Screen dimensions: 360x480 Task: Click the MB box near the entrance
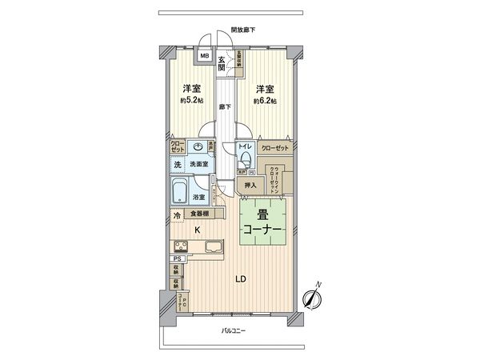coord(204,56)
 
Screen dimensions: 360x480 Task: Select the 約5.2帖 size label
coord(190,102)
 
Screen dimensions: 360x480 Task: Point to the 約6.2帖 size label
coord(265,102)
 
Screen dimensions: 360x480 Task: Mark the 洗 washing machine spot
coord(176,164)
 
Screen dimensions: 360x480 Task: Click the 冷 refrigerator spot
coord(176,215)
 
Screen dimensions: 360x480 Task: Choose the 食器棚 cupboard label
coord(198,214)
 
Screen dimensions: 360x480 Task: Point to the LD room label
coord(239,279)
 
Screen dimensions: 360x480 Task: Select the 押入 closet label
coord(250,186)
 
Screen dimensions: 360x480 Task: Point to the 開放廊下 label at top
coord(243,30)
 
